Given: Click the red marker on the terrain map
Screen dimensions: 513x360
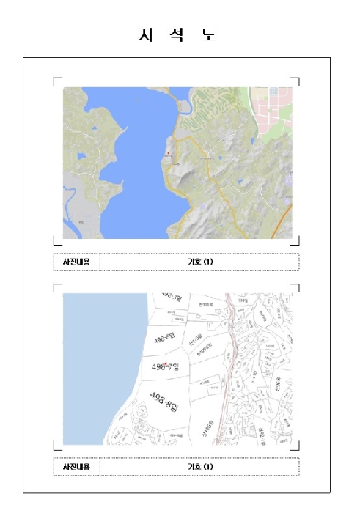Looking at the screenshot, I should (168, 153).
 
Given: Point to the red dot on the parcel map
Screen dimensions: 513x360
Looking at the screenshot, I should (168, 363).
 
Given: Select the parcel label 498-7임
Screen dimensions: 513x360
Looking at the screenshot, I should (165, 366).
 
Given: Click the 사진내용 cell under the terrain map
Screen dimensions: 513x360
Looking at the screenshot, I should (76, 262).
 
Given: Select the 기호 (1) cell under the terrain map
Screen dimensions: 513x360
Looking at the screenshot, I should (199, 262).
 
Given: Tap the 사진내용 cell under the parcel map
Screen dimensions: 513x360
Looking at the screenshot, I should (76, 466).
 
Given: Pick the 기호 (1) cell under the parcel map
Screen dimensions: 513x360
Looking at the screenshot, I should (199, 466).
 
